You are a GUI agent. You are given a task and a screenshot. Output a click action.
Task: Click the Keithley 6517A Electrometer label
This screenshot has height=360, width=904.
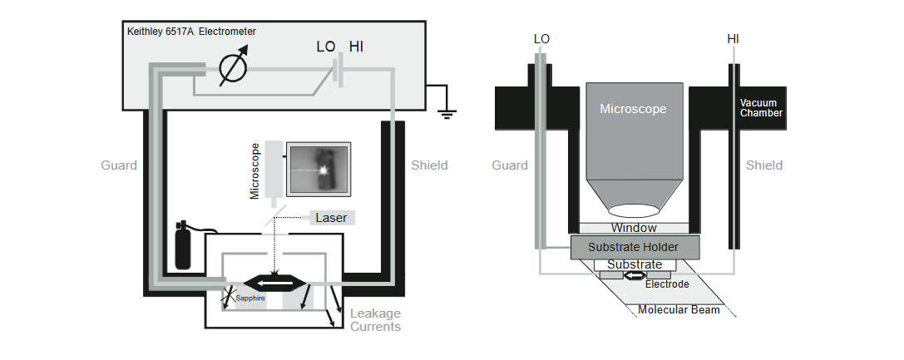coord(191,32)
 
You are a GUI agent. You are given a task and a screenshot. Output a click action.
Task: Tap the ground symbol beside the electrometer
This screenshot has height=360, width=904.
coord(447,109)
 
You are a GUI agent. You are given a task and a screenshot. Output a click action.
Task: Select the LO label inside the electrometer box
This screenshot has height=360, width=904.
coord(327,47)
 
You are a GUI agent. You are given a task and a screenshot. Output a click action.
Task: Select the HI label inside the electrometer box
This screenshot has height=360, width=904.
coord(356,47)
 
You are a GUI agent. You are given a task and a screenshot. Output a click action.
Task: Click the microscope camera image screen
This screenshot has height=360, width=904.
coord(320,170)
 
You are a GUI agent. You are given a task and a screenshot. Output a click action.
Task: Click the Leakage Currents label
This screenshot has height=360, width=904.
coord(375,320)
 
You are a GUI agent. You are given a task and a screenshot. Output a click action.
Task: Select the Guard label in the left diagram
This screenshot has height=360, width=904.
coord(119,165)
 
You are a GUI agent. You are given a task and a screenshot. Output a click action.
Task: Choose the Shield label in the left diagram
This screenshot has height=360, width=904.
coord(429,165)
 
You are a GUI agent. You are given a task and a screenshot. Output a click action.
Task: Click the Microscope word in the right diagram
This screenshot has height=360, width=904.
coord(633,109)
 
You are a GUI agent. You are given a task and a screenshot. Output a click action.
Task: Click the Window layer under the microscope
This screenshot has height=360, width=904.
coord(634,228)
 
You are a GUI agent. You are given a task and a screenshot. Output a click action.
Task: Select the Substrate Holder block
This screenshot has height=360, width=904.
coord(634,247)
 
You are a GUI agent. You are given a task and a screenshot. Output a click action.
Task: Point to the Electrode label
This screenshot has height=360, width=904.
coord(668,284)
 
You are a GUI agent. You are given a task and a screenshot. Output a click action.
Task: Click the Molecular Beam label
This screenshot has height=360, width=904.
coord(678,310)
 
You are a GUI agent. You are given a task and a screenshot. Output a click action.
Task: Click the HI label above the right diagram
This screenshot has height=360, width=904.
coord(734,39)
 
